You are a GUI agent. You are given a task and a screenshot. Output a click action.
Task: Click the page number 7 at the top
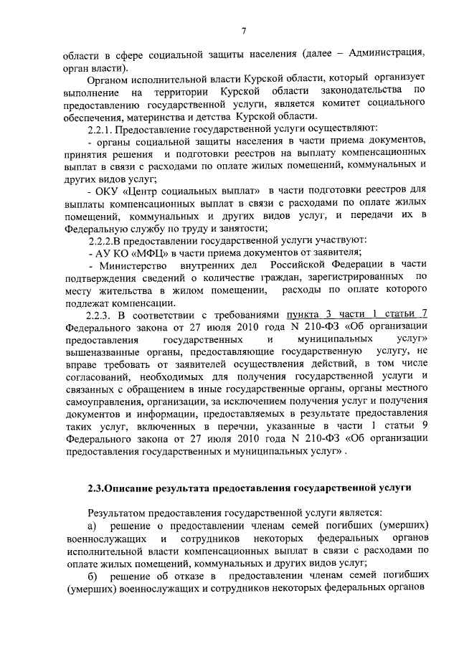click(244, 29)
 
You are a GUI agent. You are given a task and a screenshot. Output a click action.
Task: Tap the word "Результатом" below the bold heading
click(118, 513)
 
